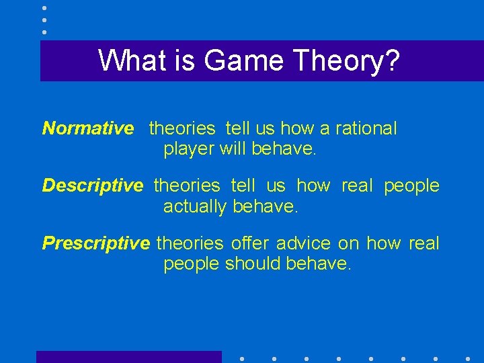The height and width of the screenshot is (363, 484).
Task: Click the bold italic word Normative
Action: click(88, 128)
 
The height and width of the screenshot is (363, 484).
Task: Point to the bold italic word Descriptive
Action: click(93, 186)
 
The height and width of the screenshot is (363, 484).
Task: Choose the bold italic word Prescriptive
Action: click(96, 243)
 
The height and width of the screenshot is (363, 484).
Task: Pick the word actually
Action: click(195, 206)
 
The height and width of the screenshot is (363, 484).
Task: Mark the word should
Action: click(253, 264)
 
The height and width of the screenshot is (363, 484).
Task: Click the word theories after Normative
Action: click(182, 128)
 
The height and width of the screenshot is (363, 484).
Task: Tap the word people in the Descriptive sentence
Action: click(411, 186)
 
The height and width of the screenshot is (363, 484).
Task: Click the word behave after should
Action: click(317, 264)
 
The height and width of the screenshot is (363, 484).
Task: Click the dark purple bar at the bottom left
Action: click(128, 357)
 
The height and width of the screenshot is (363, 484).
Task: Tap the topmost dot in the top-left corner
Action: click(44, 8)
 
